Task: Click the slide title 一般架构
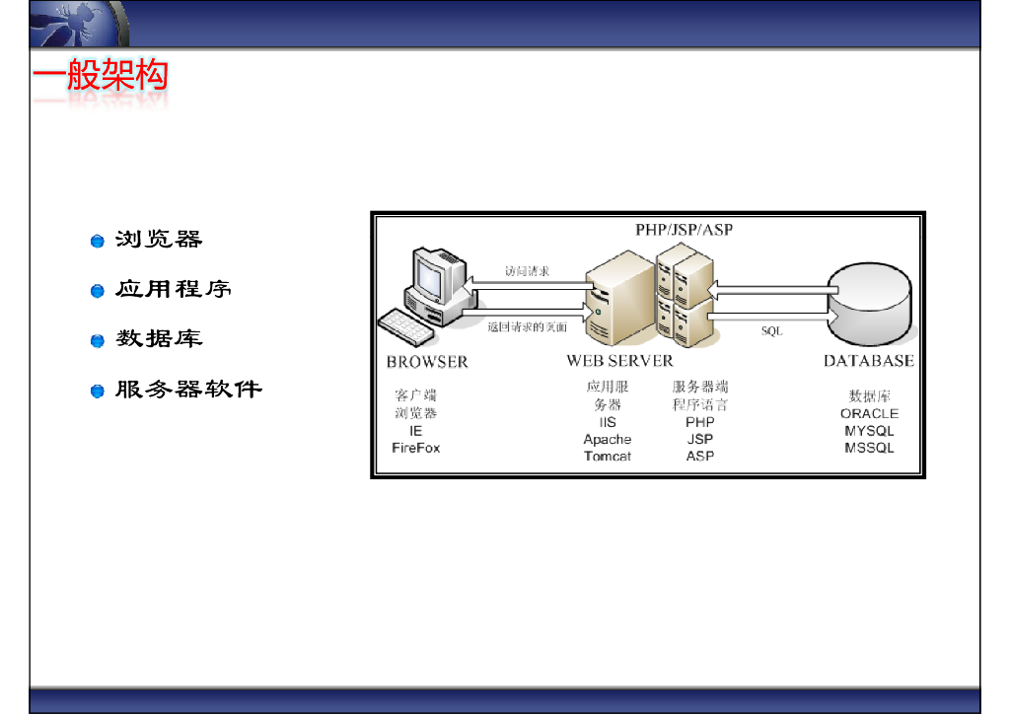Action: point(100,75)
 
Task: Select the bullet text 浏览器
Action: point(159,240)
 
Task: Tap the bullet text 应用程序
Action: point(174,290)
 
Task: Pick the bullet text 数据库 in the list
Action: point(159,339)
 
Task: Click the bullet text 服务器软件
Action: point(188,391)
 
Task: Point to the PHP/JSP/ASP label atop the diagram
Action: point(684,230)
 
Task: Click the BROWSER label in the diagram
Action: point(427,362)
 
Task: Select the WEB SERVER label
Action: point(619,362)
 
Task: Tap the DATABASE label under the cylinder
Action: point(868,361)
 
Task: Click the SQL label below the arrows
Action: point(771,331)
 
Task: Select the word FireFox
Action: point(415,448)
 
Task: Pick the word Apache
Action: point(608,440)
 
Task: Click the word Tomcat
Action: point(608,457)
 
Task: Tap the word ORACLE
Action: point(869,414)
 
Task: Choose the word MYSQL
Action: point(869,431)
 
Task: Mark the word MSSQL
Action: point(869,448)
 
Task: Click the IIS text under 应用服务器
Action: point(608,422)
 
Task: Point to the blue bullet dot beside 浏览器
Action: point(98,242)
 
